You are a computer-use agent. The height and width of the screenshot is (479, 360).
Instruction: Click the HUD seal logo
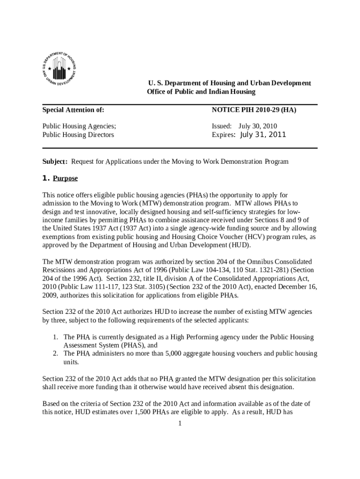pos(59,69)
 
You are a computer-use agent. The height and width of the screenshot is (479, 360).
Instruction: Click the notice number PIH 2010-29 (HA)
pos(254,110)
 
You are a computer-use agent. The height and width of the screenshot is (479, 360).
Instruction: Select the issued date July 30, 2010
pos(258,126)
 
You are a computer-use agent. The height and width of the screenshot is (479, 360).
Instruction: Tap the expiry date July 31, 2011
pos(262,135)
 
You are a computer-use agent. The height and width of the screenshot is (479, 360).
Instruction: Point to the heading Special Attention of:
pos(73,110)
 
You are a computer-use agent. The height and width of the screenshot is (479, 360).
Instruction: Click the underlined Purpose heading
pos(65,178)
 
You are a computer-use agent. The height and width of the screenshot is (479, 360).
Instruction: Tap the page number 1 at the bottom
pos(180,424)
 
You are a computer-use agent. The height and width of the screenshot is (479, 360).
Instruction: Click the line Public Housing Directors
pos(78,135)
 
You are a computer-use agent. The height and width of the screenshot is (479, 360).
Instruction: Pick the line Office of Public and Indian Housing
pos(201,92)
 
